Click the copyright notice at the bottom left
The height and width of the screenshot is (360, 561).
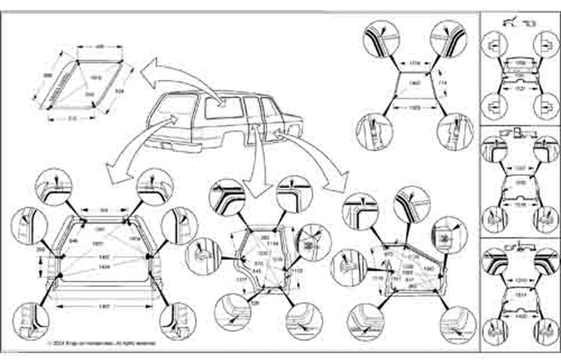(x=101, y=344)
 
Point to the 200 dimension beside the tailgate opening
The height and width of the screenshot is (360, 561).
(x=40, y=250)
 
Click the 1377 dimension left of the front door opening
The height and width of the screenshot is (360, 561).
(x=224, y=280)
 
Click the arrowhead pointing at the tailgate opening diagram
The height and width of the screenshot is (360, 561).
(x=110, y=173)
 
